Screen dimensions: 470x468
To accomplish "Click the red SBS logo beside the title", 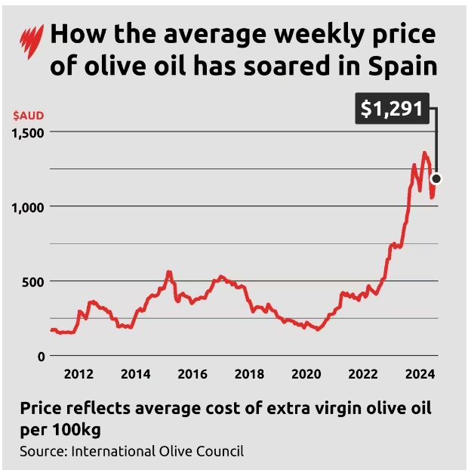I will tap(32, 39).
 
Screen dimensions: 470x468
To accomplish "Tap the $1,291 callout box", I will tap(391, 109).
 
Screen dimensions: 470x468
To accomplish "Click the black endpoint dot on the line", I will tap(436, 179).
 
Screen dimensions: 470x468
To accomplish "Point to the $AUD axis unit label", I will tap(28, 116).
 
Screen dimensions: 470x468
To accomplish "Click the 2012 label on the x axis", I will tap(79, 374).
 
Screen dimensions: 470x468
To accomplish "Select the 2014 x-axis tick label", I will tap(135, 374).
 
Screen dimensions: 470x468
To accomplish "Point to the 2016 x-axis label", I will tap(192, 374).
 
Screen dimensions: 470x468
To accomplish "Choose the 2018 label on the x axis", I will tap(249, 374).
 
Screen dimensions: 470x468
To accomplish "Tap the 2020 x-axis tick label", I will tap(306, 374).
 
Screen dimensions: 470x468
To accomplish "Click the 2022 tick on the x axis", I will tap(363, 374).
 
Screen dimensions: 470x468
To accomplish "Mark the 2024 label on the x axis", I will tap(420, 374).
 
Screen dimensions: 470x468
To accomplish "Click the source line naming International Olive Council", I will tap(133, 452).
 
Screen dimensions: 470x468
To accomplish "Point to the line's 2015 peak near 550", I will tap(169, 272).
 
